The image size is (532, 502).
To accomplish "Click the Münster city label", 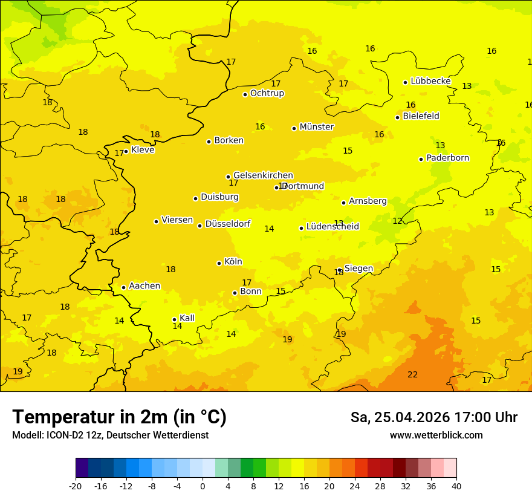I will tap(317, 127).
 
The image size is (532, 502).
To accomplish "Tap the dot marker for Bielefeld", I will tap(398, 117).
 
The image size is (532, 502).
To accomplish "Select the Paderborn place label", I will tap(448, 158).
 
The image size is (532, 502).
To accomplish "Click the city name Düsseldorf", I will tap(228, 224).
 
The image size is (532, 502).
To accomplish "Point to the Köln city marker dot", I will tap(219, 263).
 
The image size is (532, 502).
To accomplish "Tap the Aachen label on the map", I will tap(144, 286).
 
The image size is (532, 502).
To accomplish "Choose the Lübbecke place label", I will tap(430, 81).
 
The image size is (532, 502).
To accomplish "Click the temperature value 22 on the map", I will tap(412, 375).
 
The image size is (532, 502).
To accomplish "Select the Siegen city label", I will tap(358, 269).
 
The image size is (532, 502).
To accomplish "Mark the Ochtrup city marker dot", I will tap(245, 94).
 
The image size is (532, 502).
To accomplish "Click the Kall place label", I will tap(187, 318).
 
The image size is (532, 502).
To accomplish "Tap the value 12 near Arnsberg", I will tap(397, 221).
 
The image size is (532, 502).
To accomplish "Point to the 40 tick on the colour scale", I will tap(456, 486).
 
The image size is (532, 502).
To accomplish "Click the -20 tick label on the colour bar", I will tap(76, 486).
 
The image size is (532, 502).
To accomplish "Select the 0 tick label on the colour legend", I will tap(203, 486).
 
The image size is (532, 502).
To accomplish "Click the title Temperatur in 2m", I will tap(119, 417).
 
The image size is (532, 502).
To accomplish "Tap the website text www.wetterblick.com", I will tap(436, 435).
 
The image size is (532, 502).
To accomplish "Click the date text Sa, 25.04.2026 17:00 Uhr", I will tap(433, 417).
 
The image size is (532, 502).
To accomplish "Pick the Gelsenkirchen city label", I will tap(263, 175).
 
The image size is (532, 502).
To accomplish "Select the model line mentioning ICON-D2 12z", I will tap(110, 435).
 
